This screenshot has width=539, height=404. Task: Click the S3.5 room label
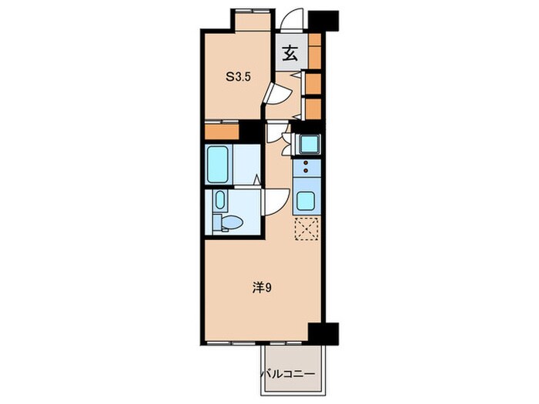(238, 77)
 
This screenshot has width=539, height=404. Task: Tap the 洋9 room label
(262, 288)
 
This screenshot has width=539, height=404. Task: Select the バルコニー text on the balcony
(289, 373)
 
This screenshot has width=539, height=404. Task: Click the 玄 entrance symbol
(290, 53)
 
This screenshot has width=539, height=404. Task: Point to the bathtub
(218, 165)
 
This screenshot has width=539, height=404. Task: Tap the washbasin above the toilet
(220, 200)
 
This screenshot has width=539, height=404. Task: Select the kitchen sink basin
(306, 201)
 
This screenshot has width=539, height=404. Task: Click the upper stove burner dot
(306, 163)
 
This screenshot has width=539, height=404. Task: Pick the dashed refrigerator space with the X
(306, 229)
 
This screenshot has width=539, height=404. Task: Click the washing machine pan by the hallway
(309, 144)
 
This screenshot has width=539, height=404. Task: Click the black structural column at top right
(323, 20)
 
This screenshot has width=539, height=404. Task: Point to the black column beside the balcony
(323, 334)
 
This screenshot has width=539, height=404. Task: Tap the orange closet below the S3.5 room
(222, 132)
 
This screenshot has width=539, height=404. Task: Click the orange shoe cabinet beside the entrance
(314, 51)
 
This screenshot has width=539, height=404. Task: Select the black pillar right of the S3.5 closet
(250, 130)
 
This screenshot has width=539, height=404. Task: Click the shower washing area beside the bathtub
(246, 164)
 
